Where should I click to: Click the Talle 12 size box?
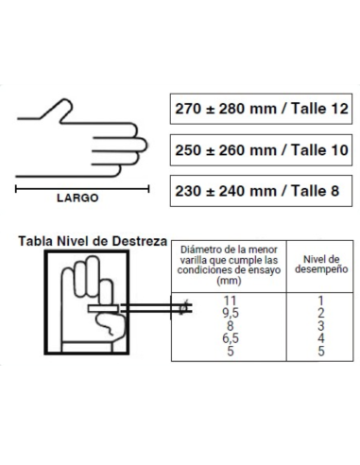261,109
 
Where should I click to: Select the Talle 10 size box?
261,150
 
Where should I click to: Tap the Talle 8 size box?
261,191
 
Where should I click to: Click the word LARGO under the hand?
77,198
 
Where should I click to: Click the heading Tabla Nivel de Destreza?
93,241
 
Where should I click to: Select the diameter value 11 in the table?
230,301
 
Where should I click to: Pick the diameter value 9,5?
231,313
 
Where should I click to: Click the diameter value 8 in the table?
231,325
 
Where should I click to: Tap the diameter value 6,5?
231,338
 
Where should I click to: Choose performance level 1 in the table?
320,301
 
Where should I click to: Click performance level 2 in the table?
320,313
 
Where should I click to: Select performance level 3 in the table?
320,325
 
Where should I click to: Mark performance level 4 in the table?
320,338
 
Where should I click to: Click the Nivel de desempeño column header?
321,265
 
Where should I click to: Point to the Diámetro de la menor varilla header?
229,266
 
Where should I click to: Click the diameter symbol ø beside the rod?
183,308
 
